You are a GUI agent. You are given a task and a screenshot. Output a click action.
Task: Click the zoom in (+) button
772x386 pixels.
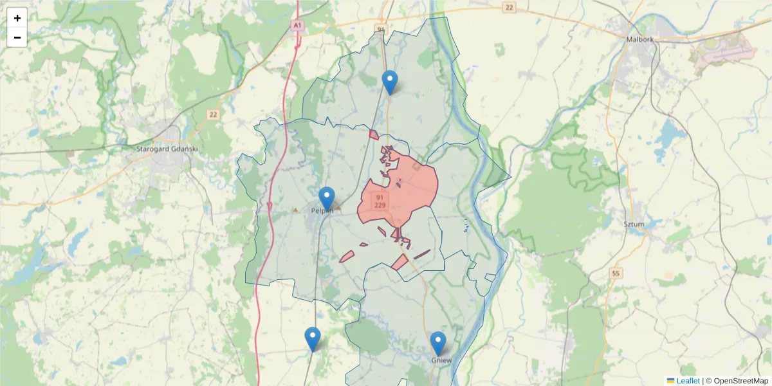tap(17, 18)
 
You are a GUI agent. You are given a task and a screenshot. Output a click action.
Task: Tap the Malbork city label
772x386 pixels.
tap(639, 39)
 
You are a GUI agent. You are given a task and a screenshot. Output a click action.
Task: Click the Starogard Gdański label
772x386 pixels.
tap(167, 149)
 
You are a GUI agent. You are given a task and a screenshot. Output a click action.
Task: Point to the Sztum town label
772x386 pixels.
tap(634, 224)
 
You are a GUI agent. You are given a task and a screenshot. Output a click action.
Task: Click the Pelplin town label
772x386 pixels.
tap(322, 210)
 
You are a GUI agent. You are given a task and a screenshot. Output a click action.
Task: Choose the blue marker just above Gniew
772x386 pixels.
tap(438, 342)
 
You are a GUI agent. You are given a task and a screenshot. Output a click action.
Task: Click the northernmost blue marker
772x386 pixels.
tap(389, 81)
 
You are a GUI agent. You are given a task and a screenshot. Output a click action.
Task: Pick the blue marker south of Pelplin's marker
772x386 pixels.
tap(313, 338)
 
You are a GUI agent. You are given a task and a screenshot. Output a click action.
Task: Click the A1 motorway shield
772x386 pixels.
tap(297, 26)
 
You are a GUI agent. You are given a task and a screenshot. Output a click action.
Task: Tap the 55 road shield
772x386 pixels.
tap(616, 273)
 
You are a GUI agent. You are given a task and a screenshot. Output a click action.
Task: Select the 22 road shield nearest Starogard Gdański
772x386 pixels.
tap(213, 115)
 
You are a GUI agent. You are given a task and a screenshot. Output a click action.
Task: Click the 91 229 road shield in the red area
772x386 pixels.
tap(380, 201)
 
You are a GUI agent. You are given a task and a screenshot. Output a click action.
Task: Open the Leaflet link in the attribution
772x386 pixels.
tap(687, 381)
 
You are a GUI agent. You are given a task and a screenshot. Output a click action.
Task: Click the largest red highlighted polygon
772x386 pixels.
tap(405, 190)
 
